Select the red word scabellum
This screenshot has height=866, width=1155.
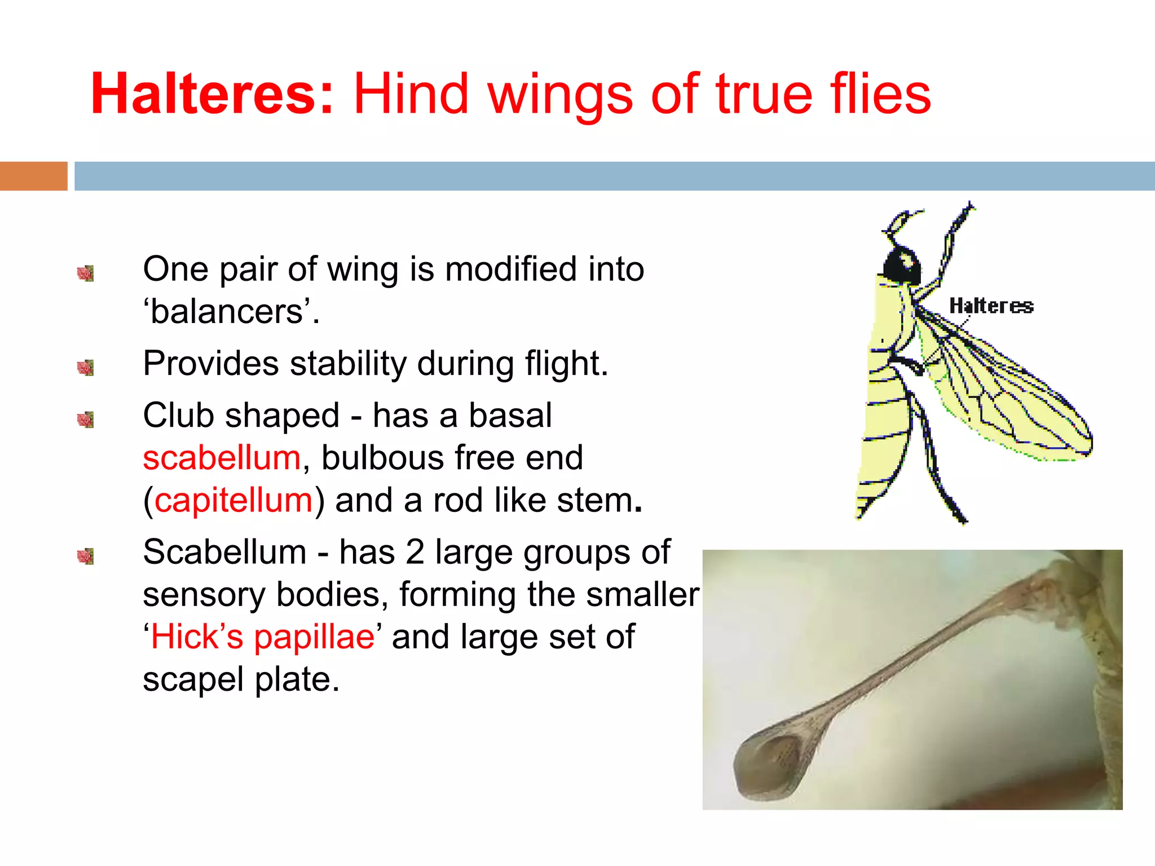[222, 457]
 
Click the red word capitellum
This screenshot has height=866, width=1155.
[233, 500]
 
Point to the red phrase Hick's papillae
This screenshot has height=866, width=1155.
[263, 637]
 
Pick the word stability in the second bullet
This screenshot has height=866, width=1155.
[348, 363]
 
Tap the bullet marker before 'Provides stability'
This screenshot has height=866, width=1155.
[86, 368]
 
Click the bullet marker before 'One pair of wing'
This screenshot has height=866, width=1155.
[86, 273]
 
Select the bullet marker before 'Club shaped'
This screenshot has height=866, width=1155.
[86, 419]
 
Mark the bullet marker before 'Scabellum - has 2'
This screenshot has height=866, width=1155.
[86, 556]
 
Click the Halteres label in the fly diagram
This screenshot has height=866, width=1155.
[991, 306]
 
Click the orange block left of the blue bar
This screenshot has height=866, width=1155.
[33, 176]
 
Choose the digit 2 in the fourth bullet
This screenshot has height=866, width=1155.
[415, 552]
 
